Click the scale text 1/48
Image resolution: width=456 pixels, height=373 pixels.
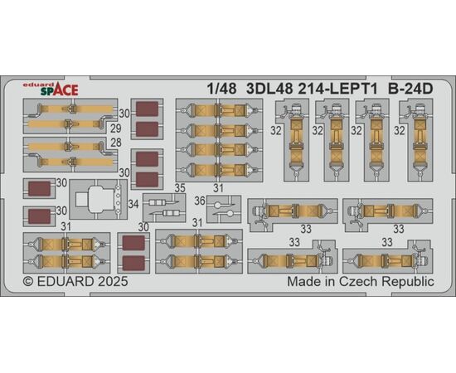click(221, 89)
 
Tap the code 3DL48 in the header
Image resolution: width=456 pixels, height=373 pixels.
click(269, 89)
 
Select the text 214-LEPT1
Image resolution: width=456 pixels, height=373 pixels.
click(337, 89)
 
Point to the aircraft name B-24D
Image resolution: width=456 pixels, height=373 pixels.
click(410, 89)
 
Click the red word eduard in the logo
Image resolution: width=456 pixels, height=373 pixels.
click(34, 85)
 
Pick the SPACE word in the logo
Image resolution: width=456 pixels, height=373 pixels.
click(60, 90)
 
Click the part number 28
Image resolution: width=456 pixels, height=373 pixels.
click(116, 143)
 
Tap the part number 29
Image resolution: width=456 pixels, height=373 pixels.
click(116, 128)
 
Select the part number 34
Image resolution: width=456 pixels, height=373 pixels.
click(133, 204)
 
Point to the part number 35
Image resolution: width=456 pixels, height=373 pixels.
click(180, 188)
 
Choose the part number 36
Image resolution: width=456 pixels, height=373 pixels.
click(200, 201)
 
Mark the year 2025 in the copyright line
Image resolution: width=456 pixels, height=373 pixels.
click(113, 282)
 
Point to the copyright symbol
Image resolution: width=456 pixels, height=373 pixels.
click(28, 282)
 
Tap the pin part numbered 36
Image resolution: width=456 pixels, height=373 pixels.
click(224, 210)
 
